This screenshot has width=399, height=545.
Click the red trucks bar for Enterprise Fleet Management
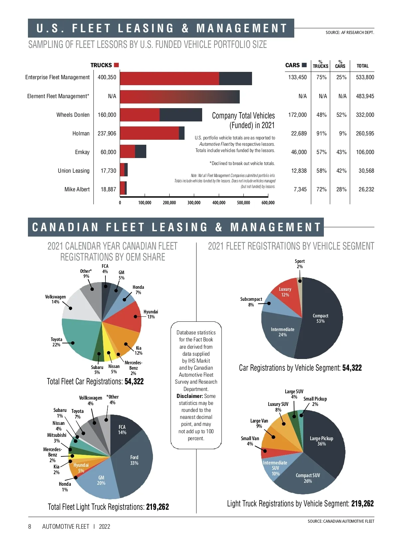click(169, 79)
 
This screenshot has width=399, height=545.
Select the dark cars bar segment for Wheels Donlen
click(181, 115)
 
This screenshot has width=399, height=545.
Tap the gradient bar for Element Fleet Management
click(180, 97)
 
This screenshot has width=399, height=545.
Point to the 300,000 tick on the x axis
click(194, 203)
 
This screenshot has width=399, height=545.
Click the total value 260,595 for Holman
click(365, 133)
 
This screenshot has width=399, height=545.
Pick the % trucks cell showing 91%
click(321, 133)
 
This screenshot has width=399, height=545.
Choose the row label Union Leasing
click(73, 171)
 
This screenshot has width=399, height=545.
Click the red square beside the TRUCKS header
click(116, 65)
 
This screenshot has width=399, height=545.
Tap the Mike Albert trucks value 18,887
click(108, 189)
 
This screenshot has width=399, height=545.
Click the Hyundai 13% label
click(151, 314)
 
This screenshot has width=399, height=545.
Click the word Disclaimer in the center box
click(190, 396)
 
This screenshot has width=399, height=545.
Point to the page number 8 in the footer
click(30, 526)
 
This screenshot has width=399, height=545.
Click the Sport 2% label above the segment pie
click(300, 264)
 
